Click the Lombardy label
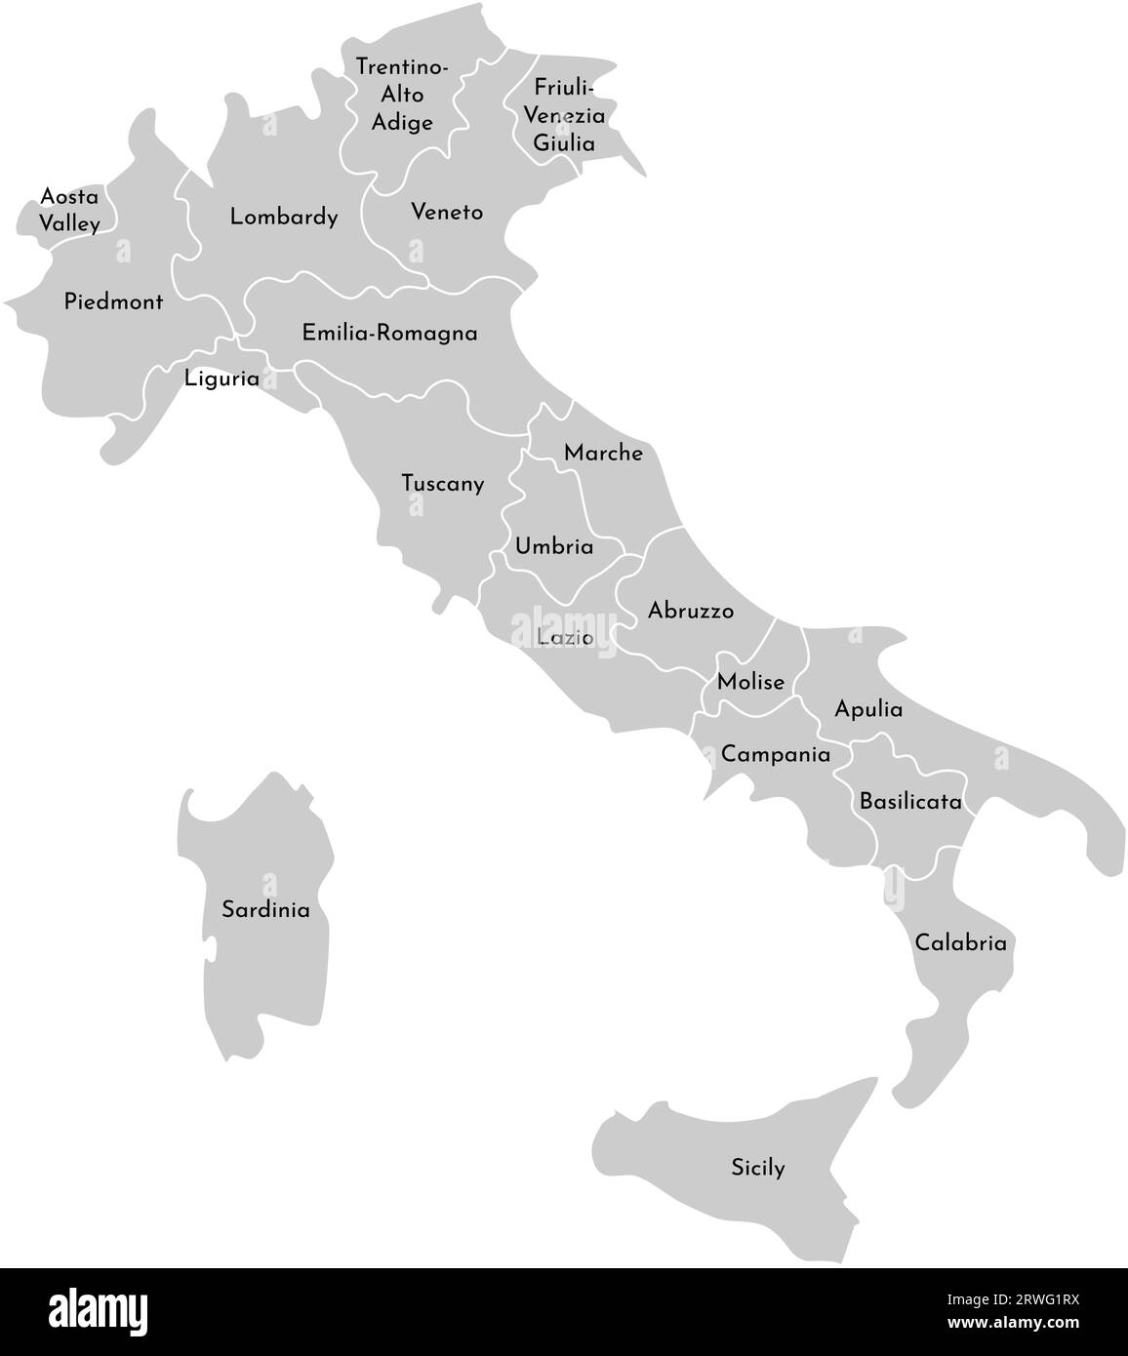(x=284, y=217)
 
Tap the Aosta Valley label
(x=69, y=210)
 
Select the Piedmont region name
(x=113, y=301)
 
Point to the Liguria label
(x=222, y=379)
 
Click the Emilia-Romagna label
(x=389, y=333)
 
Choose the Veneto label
(x=447, y=212)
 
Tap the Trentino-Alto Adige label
(x=402, y=95)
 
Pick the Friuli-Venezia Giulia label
(x=564, y=114)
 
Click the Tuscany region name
(x=443, y=483)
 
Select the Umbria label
(x=554, y=546)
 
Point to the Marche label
(x=603, y=453)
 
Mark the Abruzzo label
(x=691, y=611)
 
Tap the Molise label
(x=750, y=682)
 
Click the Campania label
(x=776, y=754)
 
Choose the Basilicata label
(x=910, y=802)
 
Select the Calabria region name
(x=960, y=943)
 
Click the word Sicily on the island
(x=758, y=1167)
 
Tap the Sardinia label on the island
(x=265, y=910)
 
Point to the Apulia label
(x=868, y=709)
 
